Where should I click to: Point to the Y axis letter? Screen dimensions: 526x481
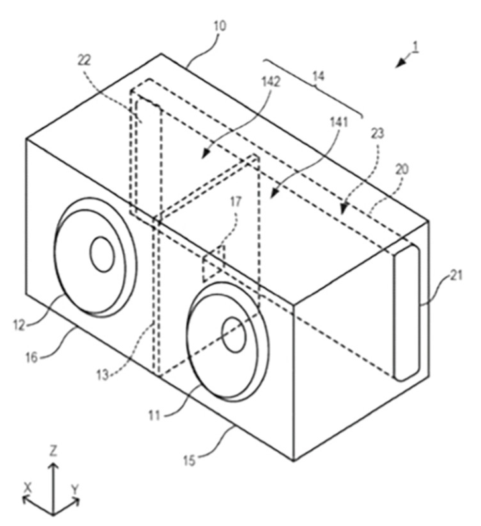click(x=75, y=489)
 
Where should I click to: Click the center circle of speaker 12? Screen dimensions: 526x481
click(x=102, y=254)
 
